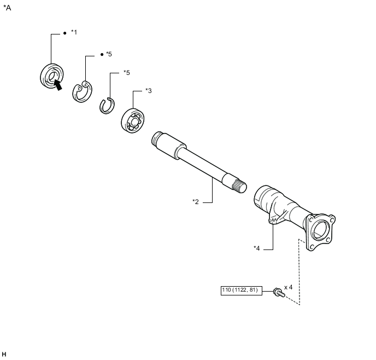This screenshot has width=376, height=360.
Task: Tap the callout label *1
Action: (x=74, y=33)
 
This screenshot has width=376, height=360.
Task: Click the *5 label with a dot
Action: (x=109, y=54)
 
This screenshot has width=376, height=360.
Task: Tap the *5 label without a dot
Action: (x=126, y=72)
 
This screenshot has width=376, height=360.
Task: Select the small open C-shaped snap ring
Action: (x=107, y=104)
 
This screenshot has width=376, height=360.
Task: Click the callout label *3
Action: (x=148, y=90)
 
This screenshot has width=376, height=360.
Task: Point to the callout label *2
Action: (x=196, y=201)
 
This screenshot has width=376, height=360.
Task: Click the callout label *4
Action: (x=256, y=248)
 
